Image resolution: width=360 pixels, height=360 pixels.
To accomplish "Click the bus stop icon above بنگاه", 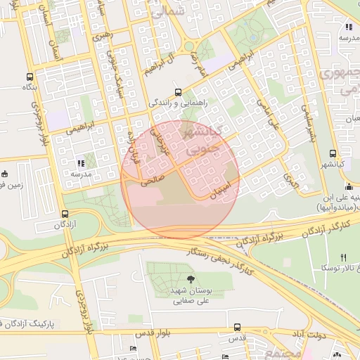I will click(x=29, y=77).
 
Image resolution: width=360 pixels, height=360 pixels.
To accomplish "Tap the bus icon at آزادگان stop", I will click(x=65, y=214).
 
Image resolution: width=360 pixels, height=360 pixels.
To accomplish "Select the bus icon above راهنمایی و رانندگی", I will click(x=178, y=91).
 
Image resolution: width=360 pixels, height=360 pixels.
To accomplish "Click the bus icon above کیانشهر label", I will click(x=332, y=154).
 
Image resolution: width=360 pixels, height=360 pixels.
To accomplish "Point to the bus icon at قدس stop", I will click(x=238, y=327).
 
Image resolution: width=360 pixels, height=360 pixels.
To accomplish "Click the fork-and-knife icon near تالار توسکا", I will click(x=343, y=257).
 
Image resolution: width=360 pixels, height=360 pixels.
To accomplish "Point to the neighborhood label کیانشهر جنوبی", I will click(x=204, y=141).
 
